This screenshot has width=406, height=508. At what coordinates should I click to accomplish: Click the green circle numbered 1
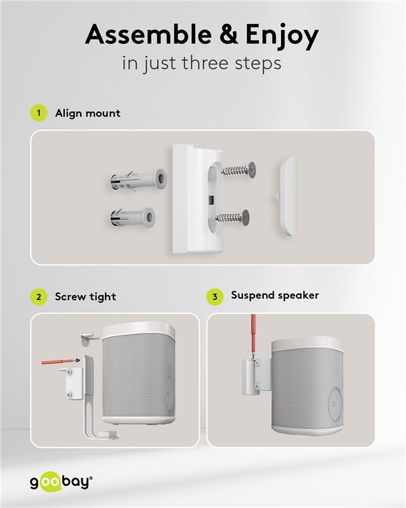39,113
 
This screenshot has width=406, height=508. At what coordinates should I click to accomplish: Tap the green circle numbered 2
39,296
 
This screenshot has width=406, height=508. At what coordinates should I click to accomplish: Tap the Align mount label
87,113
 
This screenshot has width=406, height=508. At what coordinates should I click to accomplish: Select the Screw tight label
85,296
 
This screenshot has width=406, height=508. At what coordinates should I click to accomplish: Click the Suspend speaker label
274,295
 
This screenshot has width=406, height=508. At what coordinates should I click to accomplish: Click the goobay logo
61,481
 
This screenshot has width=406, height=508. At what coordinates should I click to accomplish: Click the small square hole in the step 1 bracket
210,199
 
